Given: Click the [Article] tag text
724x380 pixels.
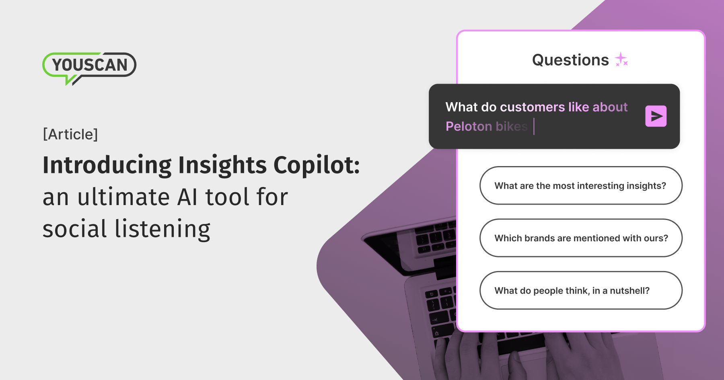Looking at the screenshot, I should (x=70, y=134).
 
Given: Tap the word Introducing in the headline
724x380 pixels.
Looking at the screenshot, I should (x=107, y=165).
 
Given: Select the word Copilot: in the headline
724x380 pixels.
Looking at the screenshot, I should (x=317, y=165).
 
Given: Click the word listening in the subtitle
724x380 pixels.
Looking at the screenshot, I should (x=162, y=229).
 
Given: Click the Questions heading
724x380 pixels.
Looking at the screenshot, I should (x=570, y=60).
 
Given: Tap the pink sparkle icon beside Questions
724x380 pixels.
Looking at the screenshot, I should (x=621, y=60).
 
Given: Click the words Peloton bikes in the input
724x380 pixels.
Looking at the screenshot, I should (x=486, y=126).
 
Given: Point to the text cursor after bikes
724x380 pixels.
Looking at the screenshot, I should (x=534, y=126).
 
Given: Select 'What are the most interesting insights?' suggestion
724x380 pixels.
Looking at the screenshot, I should (x=580, y=185).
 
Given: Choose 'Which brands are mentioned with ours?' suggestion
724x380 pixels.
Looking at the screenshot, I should (x=580, y=238).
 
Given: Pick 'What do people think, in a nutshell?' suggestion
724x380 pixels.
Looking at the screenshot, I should (x=580, y=290).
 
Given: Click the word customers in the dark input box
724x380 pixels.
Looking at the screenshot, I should (x=533, y=107).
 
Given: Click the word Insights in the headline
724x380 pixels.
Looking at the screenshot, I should (x=222, y=165).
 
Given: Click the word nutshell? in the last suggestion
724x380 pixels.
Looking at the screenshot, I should (x=629, y=291).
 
